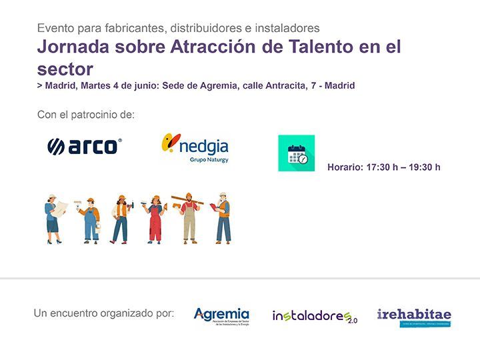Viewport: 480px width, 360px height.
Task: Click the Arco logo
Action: click(x=85, y=146)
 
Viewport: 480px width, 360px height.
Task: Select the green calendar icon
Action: click(x=296, y=153)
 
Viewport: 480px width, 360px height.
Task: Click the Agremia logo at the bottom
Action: click(x=221, y=315)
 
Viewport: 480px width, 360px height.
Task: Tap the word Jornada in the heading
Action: click(x=70, y=48)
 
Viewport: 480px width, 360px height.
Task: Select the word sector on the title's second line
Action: click(x=65, y=68)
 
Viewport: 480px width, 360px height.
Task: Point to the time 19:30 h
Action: click(x=424, y=167)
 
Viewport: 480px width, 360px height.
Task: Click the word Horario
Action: click(x=345, y=167)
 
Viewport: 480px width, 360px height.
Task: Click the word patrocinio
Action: click(x=93, y=115)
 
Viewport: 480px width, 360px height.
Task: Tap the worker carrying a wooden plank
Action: click(x=189, y=217)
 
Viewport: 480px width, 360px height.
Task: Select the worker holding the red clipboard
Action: click(x=223, y=217)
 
